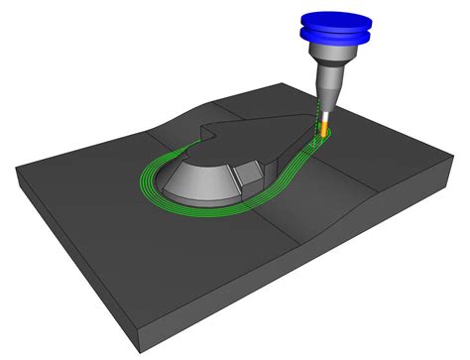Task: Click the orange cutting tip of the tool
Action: pos(322,127)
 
